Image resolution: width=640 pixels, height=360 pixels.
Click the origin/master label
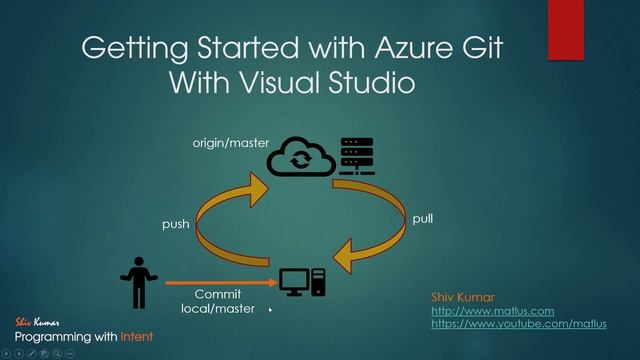click(231, 144)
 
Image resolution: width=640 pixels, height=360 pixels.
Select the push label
click(176, 225)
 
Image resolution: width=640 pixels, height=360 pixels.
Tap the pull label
click(423, 218)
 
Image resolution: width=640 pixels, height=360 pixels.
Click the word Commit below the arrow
click(218, 295)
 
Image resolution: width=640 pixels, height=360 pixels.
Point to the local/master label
click(218, 309)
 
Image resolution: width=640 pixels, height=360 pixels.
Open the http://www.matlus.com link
click(492, 311)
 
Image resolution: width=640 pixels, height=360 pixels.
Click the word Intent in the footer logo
click(136, 337)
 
